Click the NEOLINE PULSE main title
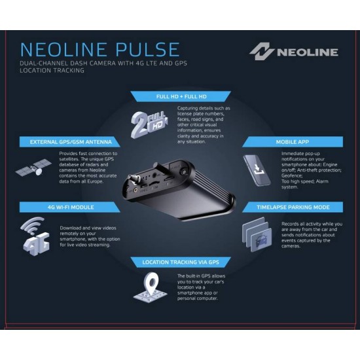click(99, 50)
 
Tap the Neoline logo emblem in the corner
click(261, 51)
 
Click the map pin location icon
click(151, 288)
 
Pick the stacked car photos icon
click(257, 234)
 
